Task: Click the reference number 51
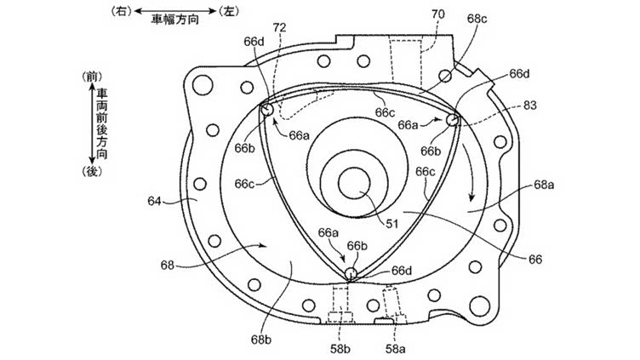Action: coord(392,223)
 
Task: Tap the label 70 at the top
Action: coord(438,14)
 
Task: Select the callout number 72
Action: coord(280,28)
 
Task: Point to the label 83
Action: coord(530,106)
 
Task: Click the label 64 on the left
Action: coord(154,201)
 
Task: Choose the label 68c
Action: coord(477,19)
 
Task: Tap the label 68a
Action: coord(544,185)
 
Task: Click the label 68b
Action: coord(261,340)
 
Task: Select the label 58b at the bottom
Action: coord(340,349)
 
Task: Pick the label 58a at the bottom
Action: coord(396,349)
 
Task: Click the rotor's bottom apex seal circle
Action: coord(351,273)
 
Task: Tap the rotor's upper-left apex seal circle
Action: coord(267,110)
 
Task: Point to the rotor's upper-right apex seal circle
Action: coord(452,120)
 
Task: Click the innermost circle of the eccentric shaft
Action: coord(354,183)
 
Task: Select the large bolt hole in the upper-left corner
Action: coord(203,85)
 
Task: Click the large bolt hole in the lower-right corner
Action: coord(479,306)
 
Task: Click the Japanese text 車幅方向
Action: coord(174,20)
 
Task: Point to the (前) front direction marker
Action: coord(92,77)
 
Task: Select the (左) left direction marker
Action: coord(229,11)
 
